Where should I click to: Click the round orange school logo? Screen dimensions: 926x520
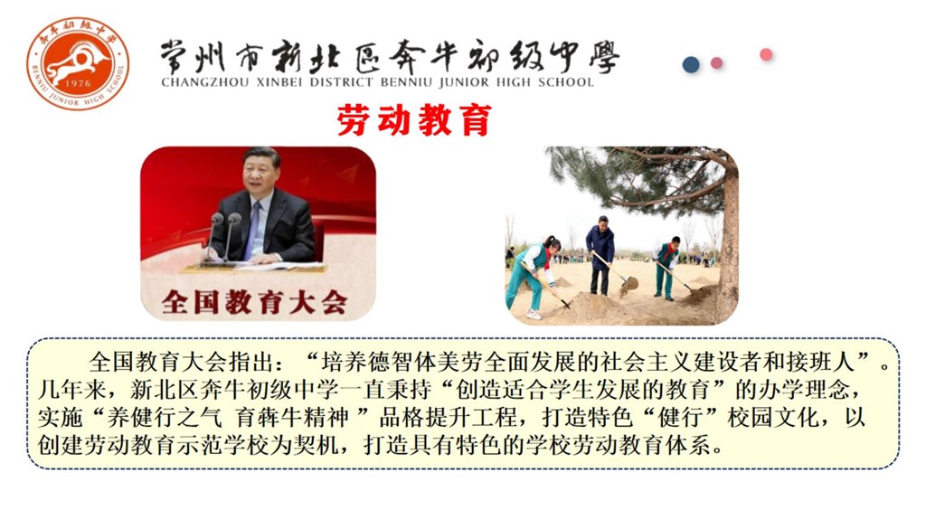click(78, 63)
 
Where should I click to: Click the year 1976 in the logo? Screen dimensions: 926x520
click(78, 83)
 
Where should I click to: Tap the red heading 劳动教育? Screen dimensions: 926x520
click(414, 120)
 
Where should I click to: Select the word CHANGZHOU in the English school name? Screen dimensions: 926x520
click(205, 82)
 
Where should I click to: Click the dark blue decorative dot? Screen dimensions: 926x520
click(691, 64)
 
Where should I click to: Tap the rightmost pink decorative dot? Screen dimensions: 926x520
click(766, 54)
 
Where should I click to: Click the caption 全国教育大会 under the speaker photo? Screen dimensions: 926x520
click(254, 302)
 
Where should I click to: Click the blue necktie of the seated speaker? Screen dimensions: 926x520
click(253, 230)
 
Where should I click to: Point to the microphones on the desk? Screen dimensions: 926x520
click(222, 236)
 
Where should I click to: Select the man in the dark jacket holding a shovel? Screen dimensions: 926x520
click(600, 254)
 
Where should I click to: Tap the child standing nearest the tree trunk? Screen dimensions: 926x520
click(667, 267)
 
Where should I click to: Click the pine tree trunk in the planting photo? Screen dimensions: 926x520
click(729, 236)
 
